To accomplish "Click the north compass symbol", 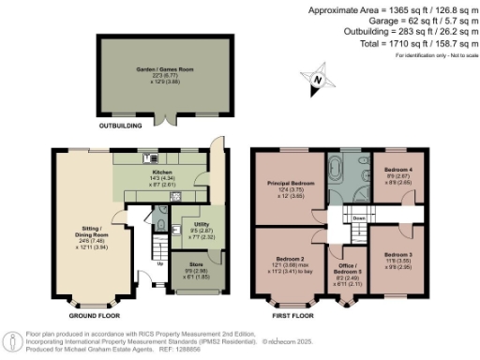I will (x=317, y=80).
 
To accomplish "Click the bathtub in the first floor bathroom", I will (x=334, y=173).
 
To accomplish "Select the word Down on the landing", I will (x=358, y=217).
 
